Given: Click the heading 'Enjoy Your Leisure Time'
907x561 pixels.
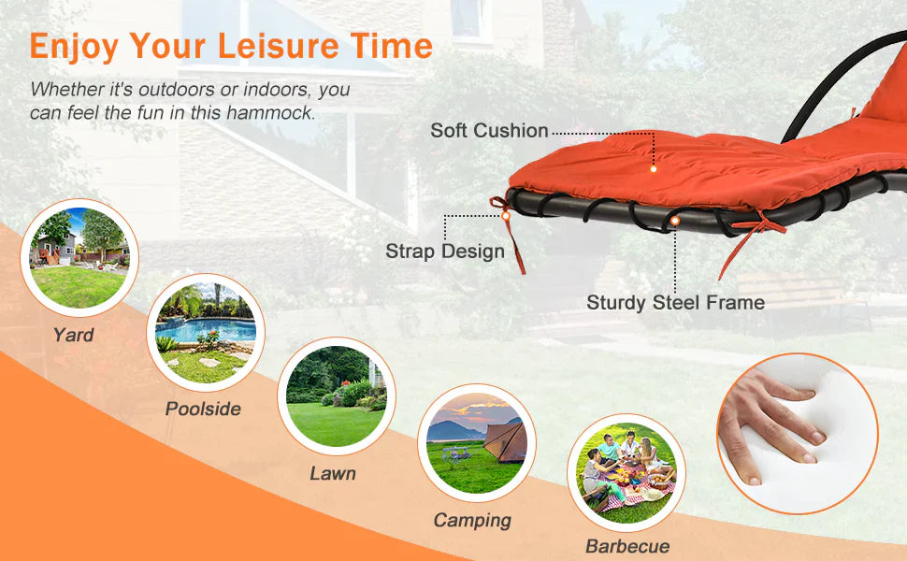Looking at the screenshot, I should (231, 45).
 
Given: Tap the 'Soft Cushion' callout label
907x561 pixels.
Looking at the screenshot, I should (489, 131).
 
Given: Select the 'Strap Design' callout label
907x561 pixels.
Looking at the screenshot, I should (445, 251).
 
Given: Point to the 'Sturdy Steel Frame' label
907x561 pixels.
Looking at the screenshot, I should (675, 302).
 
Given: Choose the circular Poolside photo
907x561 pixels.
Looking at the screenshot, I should (206, 332).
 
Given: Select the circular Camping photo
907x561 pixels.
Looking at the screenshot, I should (476, 443).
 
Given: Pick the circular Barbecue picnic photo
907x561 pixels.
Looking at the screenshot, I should (626, 473).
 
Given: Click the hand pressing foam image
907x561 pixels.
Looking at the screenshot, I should (797, 433).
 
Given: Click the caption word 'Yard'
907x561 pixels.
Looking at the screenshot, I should (73, 335).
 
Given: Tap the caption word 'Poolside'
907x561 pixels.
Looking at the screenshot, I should (203, 409).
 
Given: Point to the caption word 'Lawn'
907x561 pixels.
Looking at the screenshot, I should (333, 473).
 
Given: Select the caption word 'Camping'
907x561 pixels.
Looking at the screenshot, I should (472, 520).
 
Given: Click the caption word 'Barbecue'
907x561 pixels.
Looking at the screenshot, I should (626, 545).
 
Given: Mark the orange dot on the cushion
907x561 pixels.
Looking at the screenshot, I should (654, 169).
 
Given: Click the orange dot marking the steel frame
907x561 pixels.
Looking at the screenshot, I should (675, 221).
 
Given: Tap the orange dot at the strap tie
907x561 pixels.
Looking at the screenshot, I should (506, 216).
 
